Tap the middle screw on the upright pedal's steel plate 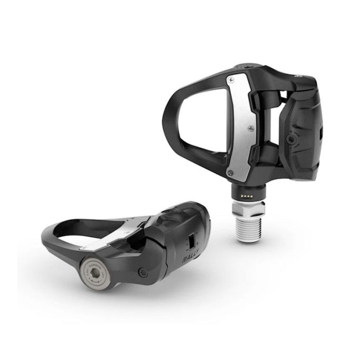pos(245,128)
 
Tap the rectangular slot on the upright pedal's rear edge pos(321,132)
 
